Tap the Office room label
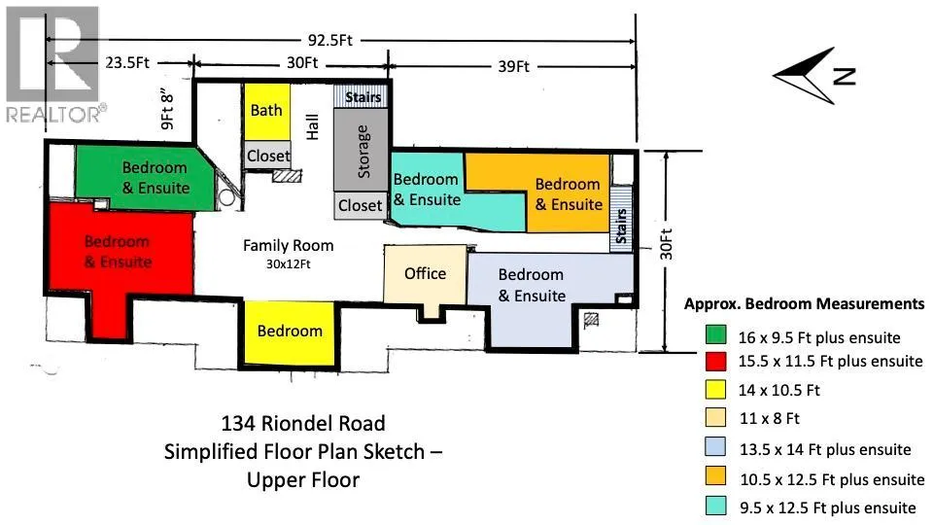(x=425, y=273)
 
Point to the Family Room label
(x=288, y=246)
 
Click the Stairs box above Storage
(x=363, y=97)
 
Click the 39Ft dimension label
(x=513, y=67)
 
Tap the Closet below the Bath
(x=267, y=156)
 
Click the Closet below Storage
(x=360, y=205)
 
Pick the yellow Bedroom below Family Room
(x=290, y=331)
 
